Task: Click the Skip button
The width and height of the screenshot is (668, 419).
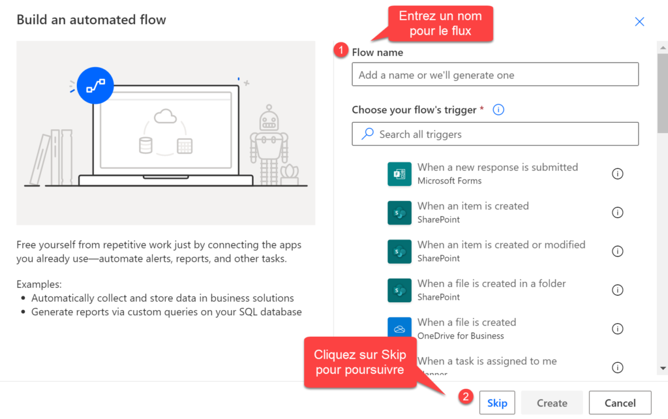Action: click(497, 403)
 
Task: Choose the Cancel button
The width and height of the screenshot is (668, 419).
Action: click(620, 403)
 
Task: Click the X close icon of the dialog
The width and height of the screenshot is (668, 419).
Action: click(639, 22)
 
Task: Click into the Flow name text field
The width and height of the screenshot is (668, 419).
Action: click(494, 75)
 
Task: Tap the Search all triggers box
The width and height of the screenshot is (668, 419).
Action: click(494, 134)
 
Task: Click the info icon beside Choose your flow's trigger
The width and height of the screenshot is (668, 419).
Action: click(498, 110)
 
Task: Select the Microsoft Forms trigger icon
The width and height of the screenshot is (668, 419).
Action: click(399, 174)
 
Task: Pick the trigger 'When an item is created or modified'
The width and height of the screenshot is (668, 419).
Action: click(501, 245)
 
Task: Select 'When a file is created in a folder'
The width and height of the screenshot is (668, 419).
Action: click(491, 283)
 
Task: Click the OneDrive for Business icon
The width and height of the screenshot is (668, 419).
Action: click(399, 329)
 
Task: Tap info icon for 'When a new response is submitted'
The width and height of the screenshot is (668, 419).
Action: click(617, 174)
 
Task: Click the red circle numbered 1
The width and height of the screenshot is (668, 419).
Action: click(340, 50)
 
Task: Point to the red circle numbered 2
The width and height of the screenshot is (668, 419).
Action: click(465, 396)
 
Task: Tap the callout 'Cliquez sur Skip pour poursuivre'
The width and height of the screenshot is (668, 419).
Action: click(359, 362)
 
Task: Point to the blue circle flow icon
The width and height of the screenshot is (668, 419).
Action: click(95, 85)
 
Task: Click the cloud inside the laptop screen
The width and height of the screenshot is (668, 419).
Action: click(166, 117)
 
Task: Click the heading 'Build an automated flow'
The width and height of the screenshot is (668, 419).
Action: click(91, 20)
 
